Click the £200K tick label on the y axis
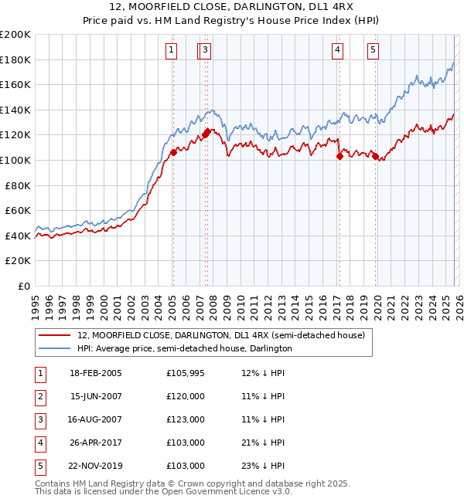15,35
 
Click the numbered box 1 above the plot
171,51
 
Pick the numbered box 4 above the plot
338,51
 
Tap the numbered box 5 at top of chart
374,51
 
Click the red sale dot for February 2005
173,153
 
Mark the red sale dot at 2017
339,156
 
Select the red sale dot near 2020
375,156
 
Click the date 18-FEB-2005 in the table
96,373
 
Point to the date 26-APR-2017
96,443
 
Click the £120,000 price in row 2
186,396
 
